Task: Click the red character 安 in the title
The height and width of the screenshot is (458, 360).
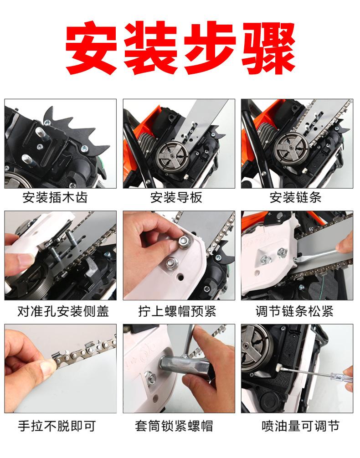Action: point(91,48)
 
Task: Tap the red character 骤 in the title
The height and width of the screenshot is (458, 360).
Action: point(268,48)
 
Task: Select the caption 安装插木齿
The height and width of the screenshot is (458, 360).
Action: point(55,197)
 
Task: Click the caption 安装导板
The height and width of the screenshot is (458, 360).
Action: point(176,197)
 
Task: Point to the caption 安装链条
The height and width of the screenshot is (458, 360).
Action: point(295,197)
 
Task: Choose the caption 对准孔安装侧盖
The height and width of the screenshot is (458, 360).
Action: point(63,311)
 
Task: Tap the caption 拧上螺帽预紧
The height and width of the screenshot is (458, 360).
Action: point(177,311)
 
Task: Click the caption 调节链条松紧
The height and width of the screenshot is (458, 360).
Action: point(294,311)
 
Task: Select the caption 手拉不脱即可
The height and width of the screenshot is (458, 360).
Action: point(57,426)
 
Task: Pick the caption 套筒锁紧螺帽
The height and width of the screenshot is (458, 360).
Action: point(174,426)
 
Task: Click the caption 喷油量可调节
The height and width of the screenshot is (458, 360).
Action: point(300,426)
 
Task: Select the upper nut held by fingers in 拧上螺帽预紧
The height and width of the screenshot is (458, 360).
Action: point(184,241)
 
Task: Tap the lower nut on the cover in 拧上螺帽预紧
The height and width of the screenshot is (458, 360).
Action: point(171,263)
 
